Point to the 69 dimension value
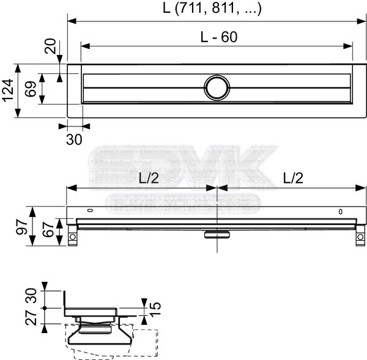[29, 89]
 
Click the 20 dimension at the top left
[50, 46]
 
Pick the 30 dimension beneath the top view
[73, 139]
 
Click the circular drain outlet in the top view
[217, 87]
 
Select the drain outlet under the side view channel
[217, 233]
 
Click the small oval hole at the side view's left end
[89, 211]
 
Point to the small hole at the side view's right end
[341, 212]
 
